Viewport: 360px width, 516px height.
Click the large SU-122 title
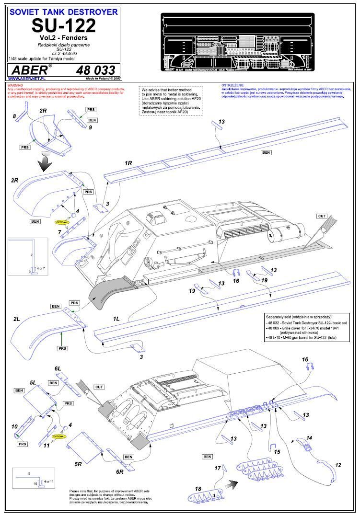point(64,25)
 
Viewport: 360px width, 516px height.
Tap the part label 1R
point(128,163)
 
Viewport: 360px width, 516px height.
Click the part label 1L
point(116,319)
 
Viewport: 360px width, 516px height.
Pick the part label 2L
point(17,319)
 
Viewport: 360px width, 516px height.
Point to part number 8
point(14,116)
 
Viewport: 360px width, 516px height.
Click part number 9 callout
point(90,127)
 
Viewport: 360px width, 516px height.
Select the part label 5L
point(33,383)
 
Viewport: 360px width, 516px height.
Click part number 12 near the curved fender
point(338,465)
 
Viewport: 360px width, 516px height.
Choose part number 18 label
point(198,488)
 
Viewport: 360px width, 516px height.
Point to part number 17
point(217,468)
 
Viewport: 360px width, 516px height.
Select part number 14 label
point(309,438)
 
